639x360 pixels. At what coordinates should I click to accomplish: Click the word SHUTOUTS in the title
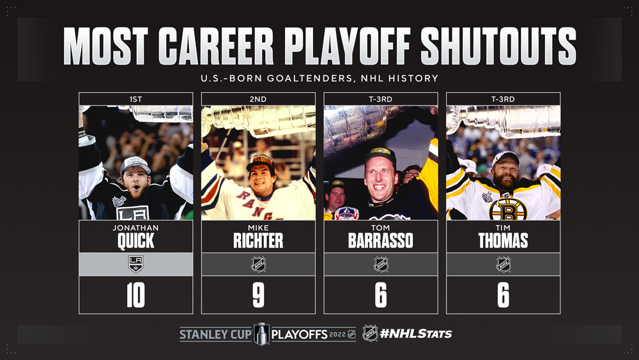(498, 47)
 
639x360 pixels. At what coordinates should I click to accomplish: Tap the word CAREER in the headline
(215, 47)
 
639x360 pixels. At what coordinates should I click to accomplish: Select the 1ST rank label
(135, 99)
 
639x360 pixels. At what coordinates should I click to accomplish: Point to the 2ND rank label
(258, 99)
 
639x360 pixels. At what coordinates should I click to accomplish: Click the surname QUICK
(135, 241)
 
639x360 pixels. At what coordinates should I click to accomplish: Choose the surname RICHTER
(258, 241)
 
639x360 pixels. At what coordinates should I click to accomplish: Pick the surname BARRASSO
(381, 241)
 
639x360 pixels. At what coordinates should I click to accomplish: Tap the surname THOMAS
(504, 241)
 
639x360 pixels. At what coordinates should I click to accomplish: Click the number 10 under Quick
(135, 295)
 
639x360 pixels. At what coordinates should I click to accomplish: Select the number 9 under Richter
(258, 295)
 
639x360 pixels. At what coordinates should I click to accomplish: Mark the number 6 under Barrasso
(381, 295)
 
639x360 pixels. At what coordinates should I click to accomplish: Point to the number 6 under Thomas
(504, 295)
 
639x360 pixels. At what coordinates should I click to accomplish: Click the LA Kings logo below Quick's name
(135, 264)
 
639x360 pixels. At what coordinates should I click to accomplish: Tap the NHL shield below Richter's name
(258, 264)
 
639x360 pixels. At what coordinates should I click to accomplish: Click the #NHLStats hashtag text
(416, 334)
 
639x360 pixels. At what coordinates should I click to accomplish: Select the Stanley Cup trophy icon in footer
(261, 334)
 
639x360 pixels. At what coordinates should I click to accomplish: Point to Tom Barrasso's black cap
(380, 155)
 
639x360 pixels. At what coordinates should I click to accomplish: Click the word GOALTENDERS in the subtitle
(310, 78)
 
